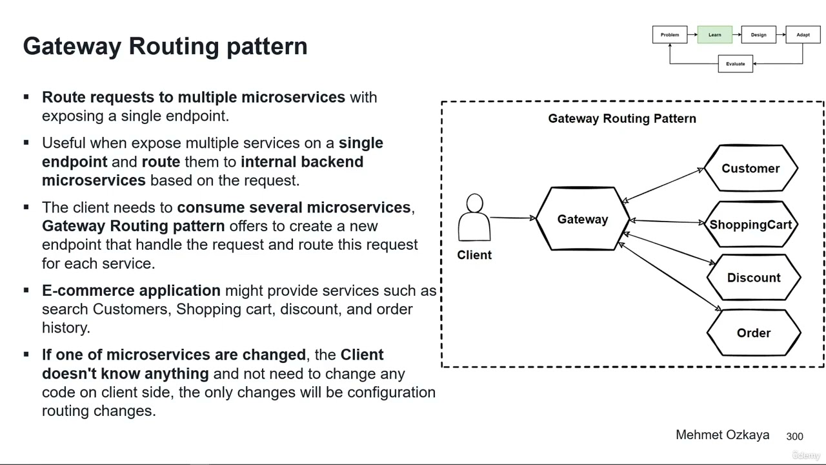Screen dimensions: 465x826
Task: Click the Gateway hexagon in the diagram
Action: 583,219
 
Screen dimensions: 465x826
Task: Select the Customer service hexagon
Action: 750,169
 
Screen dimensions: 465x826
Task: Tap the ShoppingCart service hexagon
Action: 750,225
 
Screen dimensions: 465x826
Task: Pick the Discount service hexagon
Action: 754,278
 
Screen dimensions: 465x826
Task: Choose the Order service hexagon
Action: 754,333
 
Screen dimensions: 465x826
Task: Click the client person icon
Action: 474,218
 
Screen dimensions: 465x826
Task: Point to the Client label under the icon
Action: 474,255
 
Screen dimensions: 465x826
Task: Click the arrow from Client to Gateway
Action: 513,218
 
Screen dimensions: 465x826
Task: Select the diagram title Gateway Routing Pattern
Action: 622,119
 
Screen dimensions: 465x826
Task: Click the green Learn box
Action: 714,35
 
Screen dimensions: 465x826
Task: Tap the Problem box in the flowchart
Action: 670,35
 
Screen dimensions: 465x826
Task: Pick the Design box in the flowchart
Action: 758,35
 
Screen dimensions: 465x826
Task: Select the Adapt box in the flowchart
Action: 803,35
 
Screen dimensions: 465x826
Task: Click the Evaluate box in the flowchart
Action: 735,64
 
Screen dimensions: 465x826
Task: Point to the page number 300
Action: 794,437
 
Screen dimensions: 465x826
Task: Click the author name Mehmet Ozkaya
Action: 722,435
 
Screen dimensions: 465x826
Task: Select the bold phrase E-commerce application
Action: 131,291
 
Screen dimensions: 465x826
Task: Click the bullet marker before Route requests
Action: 26,98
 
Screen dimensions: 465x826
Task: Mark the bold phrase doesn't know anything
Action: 125,374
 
